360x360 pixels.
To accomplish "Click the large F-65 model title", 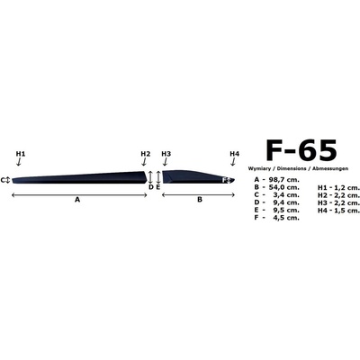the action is [301, 150].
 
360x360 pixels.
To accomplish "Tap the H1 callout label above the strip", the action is [21, 154].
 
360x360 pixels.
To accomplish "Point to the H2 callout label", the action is [146, 154].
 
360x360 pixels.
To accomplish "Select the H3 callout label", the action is [166, 154].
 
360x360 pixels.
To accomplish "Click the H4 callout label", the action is [235, 154].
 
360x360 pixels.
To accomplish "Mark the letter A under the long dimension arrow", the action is [77, 199].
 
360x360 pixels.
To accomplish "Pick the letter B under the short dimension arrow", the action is [200, 199].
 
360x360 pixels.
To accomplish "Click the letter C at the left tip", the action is [3, 180].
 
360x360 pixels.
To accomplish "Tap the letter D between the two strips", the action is [151, 187].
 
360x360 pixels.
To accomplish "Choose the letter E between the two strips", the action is [158, 187].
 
